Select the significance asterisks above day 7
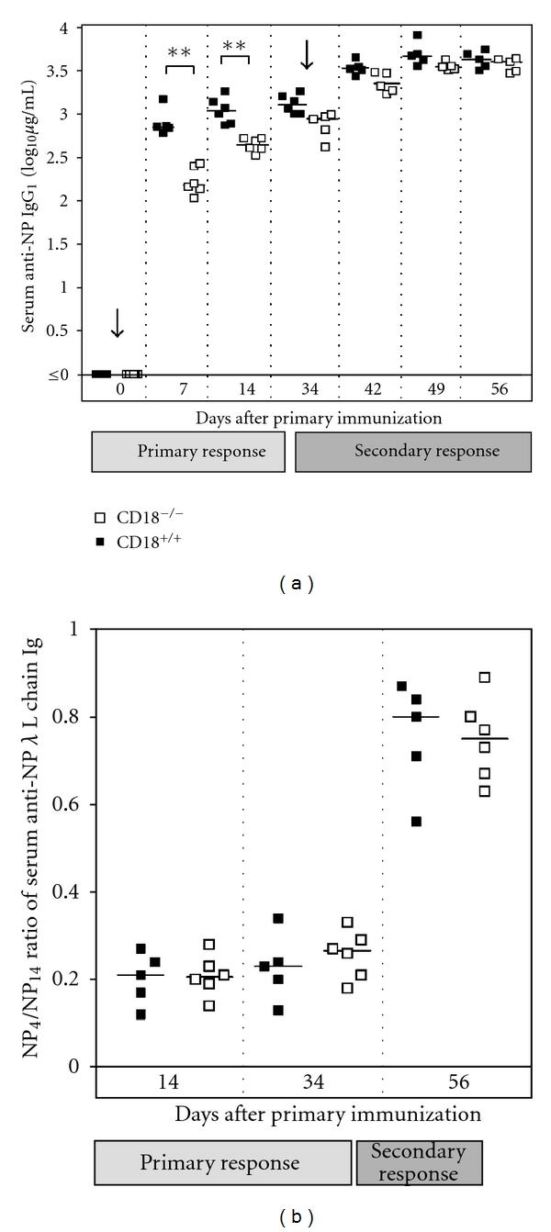179,52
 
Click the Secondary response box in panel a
413,452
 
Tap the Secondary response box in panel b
418,1161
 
